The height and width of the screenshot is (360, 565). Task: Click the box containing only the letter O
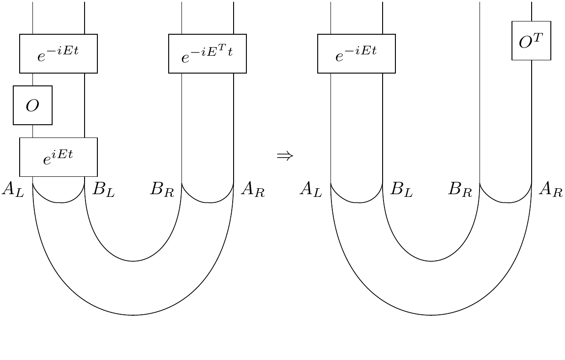pyautogui.click(x=32, y=105)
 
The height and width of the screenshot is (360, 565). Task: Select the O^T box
pyautogui.click(x=531, y=41)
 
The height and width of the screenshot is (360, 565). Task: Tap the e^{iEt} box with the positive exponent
pyautogui.click(x=59, y=157)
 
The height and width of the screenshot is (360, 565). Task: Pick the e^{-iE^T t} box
pyautogui.click(x=208, y=53)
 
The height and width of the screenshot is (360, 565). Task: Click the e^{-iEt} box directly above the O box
pyautogui.click(x=59, y=53)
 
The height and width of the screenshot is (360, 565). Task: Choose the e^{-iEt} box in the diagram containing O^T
pyautogui.click(x=357, y=53)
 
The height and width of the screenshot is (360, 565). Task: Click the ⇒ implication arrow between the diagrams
pyautogui.click(x=284, y=156)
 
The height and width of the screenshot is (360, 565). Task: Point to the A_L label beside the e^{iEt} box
pyautogui.click(x=12, y=189)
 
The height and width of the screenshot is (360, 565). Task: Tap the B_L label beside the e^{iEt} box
pyautogui.click(x=103, y=189)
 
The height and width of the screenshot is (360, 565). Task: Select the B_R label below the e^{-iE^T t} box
pyautogui.click(x=162, y=189)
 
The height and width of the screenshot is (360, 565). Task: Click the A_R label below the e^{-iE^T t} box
pyautogui.click(x=253, y=189)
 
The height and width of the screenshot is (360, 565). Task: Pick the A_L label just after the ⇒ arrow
pyautogui.click(x=311, y=189)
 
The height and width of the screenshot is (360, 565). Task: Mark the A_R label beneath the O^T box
pyautogui.click(x=551, y=189)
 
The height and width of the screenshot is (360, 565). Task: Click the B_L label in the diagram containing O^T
pyautogui.click(x=401, y=189)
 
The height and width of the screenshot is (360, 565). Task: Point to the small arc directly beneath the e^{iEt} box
pyautogui.click(x=59, y=201)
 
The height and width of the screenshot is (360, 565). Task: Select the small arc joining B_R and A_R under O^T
pyautogui.click(x=506, y=201)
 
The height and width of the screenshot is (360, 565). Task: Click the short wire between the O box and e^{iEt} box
pyautogui.click(x=32, y=131)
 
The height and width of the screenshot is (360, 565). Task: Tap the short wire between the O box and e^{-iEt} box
pyautogui.click(x=32, y=79)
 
